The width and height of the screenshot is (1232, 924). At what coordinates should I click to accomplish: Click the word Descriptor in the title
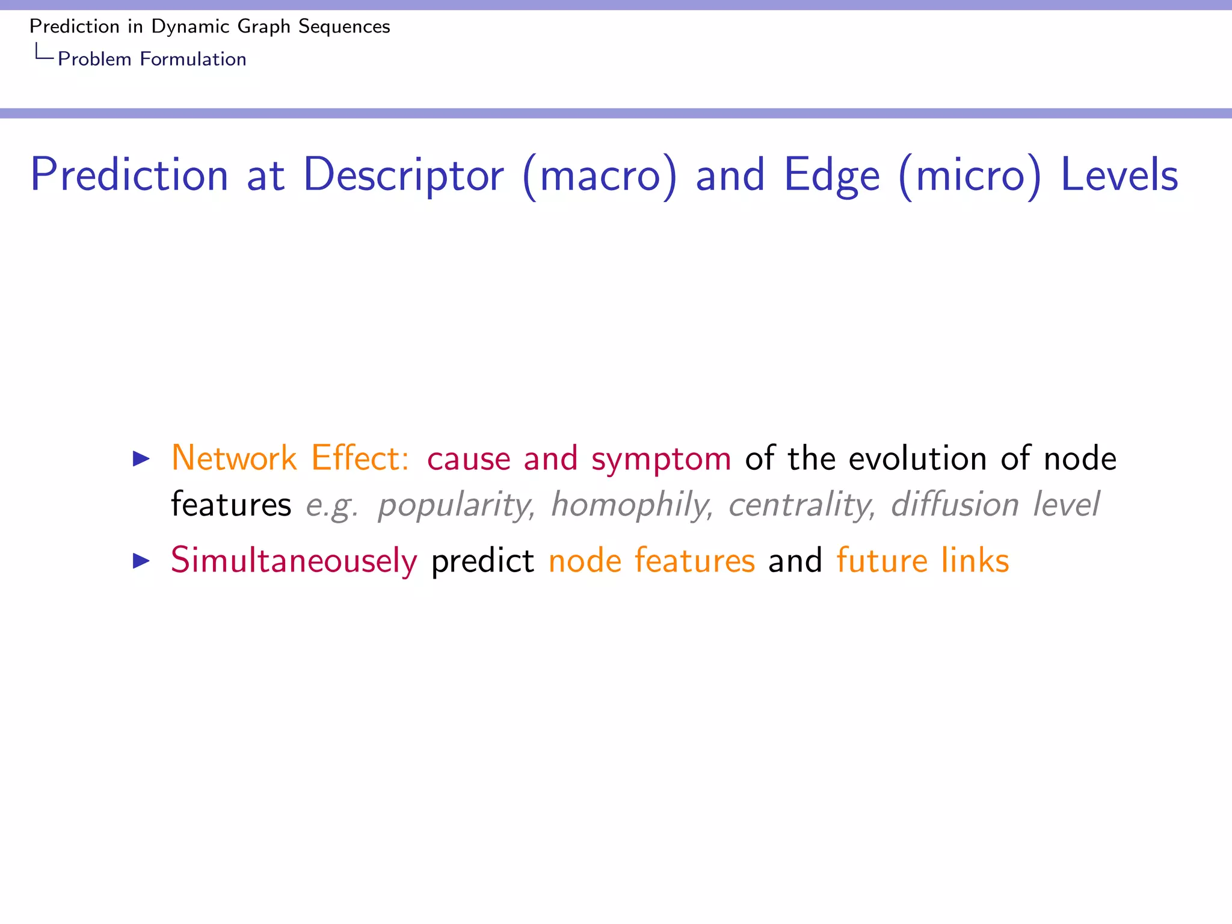click(404, 175)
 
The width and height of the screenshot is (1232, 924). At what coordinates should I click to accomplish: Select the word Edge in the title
click(832, 175)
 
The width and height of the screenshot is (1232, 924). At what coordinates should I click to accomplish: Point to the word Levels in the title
click(1119, 175)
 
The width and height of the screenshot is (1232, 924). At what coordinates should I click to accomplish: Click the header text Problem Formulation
click(152, 59)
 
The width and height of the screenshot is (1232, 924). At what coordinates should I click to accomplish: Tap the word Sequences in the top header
click(344, 26)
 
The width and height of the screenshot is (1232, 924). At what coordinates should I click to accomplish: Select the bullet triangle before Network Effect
click(141, 459)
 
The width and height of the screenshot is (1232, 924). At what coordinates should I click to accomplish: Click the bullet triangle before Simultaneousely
click(141, 561)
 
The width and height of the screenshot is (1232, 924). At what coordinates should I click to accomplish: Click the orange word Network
click(233, 458)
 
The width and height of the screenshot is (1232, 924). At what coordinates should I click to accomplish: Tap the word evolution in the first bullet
click(917, 458)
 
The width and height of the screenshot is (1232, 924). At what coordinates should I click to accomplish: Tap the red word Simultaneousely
click(294, 561)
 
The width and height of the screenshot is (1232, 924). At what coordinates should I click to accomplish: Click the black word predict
click(482, 561)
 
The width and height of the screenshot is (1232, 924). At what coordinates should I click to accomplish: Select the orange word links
click(975, 560)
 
